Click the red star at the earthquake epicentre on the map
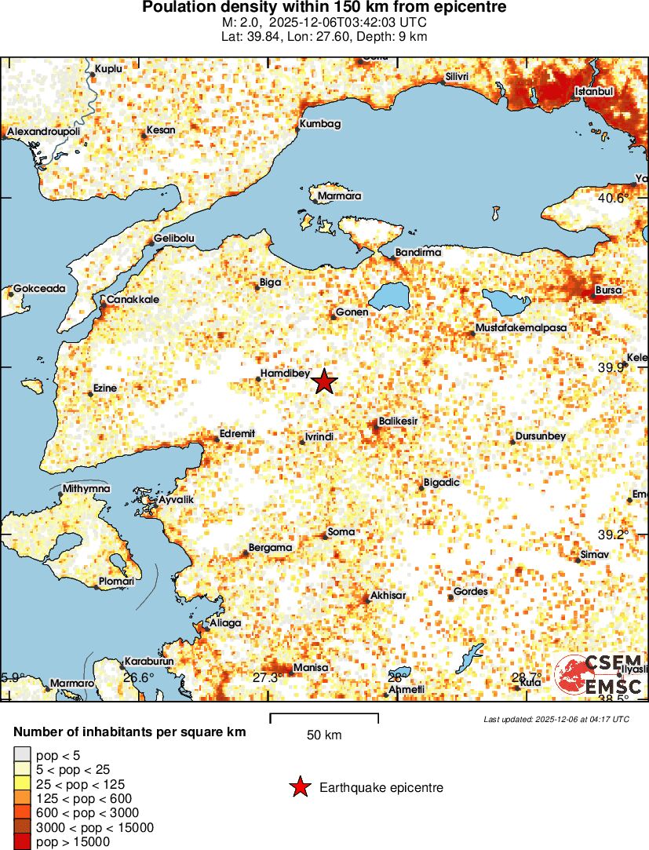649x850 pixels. point(324,382)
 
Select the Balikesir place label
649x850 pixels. point(398,421)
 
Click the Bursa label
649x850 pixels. point(608,290)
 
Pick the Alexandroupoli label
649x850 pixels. point(43,133)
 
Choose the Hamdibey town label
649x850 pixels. point(285,374)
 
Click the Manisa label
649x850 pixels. point(310,668)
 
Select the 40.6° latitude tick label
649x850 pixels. point(613,199)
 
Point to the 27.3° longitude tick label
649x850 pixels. point(267,677)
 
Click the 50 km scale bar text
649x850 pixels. point(323,735)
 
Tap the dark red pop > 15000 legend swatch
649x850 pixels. point(22,842)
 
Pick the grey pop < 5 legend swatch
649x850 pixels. point(22,755)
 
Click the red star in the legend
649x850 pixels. point(299,787)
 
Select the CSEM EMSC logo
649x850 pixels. point(599,675)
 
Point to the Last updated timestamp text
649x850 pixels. point(556,719)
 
